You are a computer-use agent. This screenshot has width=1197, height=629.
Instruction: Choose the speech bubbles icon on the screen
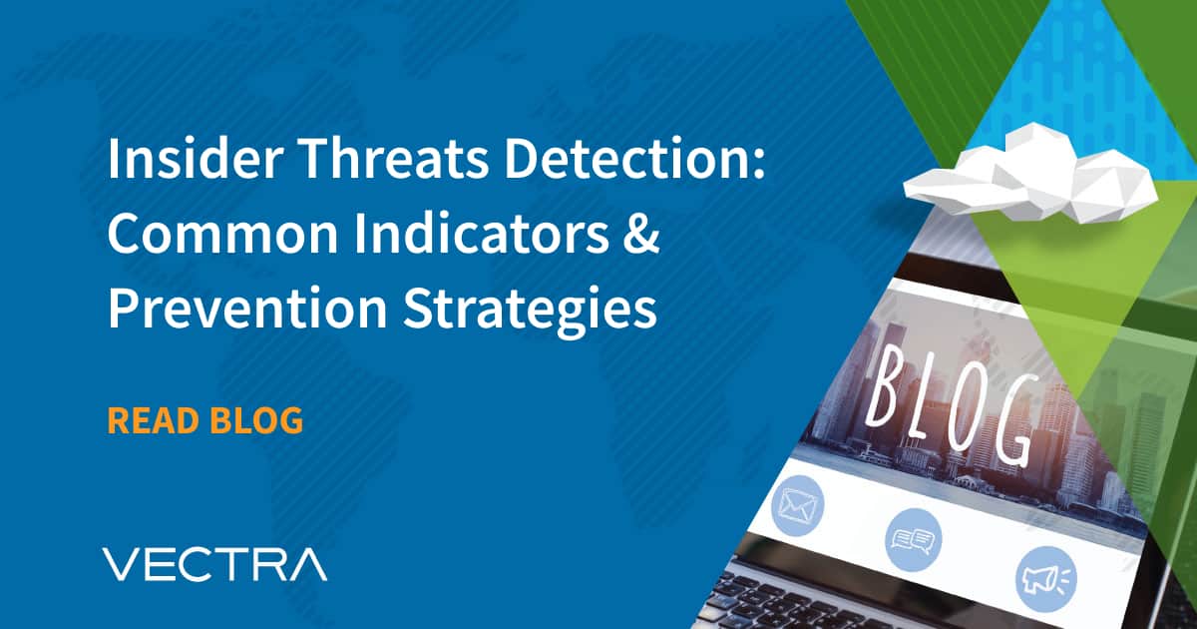point(912,540)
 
